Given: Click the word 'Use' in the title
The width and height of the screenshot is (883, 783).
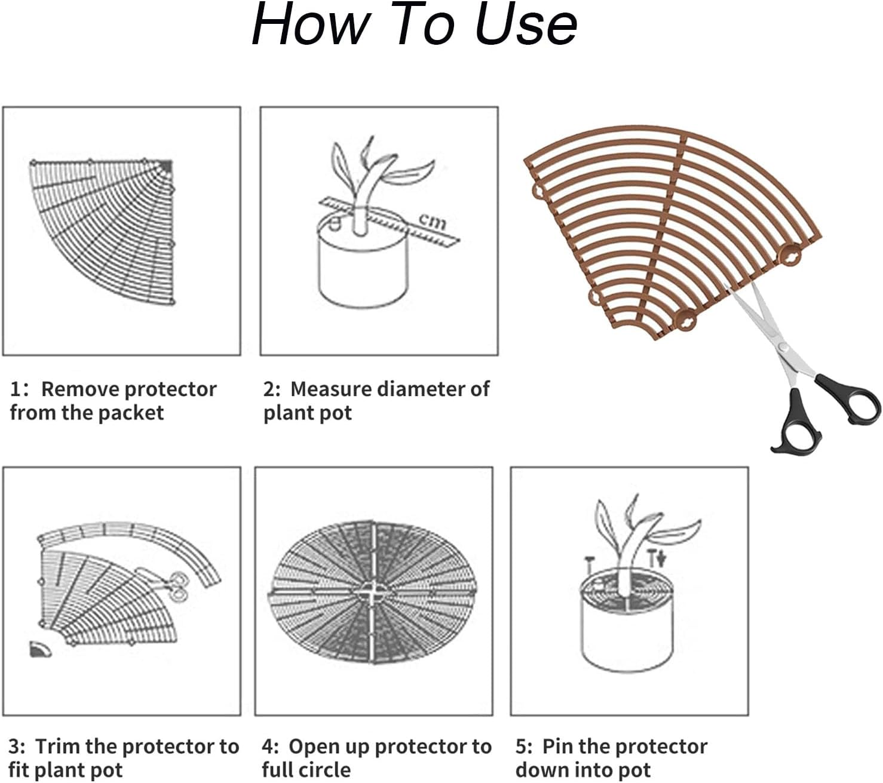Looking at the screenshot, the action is (526, 25).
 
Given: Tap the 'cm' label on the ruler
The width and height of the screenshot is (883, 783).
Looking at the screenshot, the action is (433, 221).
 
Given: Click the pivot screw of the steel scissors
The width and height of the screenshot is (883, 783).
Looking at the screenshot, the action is (783, 347).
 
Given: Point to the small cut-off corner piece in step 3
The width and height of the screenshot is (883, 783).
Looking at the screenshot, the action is (39, 649).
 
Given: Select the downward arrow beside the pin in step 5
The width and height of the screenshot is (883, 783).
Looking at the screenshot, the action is (661, 559).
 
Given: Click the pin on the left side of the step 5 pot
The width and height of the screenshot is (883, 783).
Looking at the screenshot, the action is (589, 566).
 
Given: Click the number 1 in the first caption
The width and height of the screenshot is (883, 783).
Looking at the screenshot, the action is (16, 389).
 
